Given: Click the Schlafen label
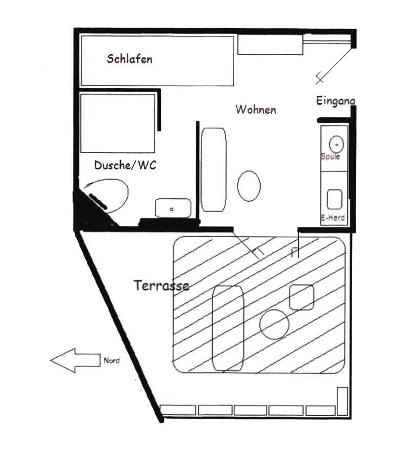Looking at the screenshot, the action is pyautogui.click(x=130, y=59).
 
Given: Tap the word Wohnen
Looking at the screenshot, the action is pyautogui.click(x=256, y=109).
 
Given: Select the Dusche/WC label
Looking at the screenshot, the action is pyautogui.click(x=125, y=165).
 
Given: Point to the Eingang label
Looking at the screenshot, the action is pyautogui.click(x=336, y=101).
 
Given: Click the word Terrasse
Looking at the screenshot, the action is pyautogui.click(x=161, y=285).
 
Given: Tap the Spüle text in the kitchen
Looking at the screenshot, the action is pyautogui.click(x=330, y=156).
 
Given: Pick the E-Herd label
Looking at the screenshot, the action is pyautogui.click(x=333, y=218).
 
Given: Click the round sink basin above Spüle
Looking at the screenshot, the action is pyautogui.click(x=336, y=144).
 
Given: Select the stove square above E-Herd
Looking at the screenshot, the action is pyautogui.click(x=335, y=199).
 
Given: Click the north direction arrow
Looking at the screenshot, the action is pyautogui.click(x=75, y=360).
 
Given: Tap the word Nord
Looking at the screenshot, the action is pyautogui.click(x=112, y=360).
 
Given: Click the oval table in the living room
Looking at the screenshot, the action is pyautogui.click(x=249, y=186).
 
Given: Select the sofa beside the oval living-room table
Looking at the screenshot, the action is pyautogui.click(x=214, y=169).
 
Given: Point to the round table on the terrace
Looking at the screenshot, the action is pyautogui.click(x=274, y=324).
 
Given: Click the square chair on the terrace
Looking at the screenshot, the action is pyautogui.click(x=301, y=297).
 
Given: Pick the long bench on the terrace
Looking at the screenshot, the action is pyautogui.click(x=228, y=328).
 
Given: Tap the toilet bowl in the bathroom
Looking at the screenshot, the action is pyautogui.click(x=107, y=195).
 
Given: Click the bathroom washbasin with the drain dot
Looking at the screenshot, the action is pyautogui.click(x=173, y=208).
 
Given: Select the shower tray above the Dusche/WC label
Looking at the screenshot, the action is pyautogui.click(x=118, y=123).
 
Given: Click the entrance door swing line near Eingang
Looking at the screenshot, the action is pyautogui.click(x=334, y=66).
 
